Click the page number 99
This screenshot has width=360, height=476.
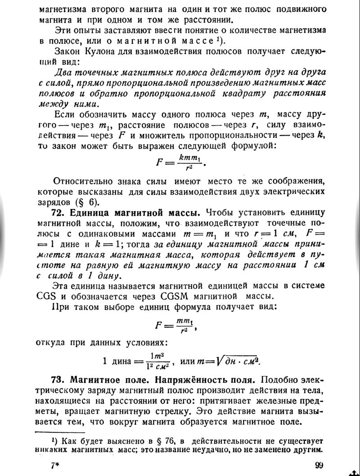click(x=319, y=465)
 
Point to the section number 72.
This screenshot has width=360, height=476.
click(x=61, y=212)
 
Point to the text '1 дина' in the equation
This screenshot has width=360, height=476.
click(x=118, y=361)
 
